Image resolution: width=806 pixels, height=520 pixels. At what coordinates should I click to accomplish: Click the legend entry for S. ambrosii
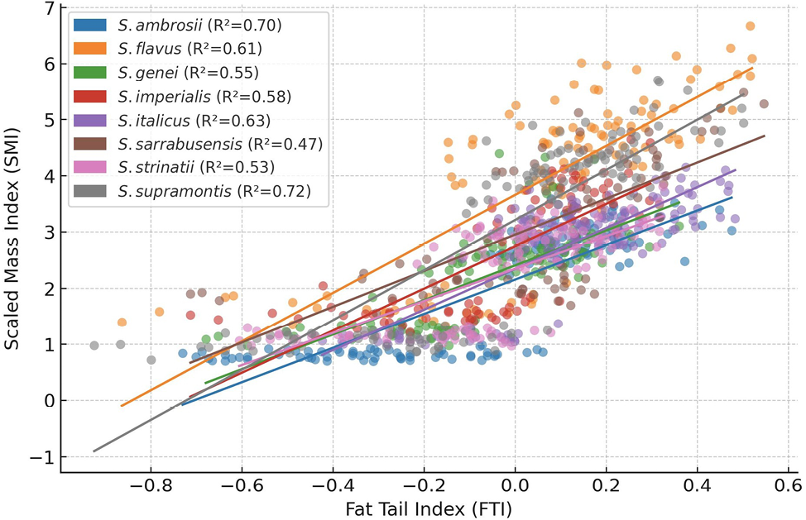(178, 26)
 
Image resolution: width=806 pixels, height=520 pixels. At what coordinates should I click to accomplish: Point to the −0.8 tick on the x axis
(151, 484)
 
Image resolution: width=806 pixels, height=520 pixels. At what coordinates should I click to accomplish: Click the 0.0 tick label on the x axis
(515, 484)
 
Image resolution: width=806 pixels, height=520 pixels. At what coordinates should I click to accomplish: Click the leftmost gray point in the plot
(94, 346)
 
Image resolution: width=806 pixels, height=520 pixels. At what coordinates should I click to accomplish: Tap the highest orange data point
(751, 26)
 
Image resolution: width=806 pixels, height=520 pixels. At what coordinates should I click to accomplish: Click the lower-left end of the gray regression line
(94, 451)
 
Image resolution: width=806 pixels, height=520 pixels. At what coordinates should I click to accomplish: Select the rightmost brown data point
(764, 104)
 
